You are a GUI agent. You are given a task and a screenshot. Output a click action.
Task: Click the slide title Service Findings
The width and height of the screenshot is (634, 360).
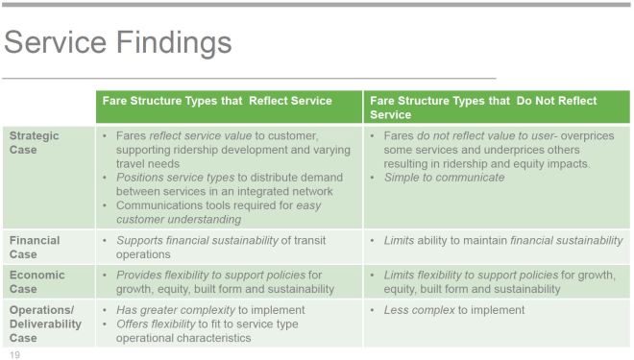click(x=117, y=42)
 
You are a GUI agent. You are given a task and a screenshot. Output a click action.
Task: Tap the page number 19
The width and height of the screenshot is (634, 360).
click(x=14, y=354)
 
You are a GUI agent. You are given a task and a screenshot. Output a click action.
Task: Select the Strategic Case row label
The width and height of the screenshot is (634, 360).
click(x=35, y=142)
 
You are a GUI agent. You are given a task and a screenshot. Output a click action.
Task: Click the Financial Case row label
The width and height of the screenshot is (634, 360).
click(x=35, y=247)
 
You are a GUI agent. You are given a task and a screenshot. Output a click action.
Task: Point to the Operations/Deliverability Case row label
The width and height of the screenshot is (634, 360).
click(x=46, y=324)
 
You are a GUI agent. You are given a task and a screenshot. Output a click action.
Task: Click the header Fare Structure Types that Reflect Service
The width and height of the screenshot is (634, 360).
click(x=217, y=101)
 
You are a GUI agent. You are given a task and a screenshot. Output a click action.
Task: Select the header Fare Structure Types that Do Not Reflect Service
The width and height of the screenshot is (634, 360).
click(x=483, y=107)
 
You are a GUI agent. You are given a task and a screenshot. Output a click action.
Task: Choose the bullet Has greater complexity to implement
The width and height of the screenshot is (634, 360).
click(x=210, y=309)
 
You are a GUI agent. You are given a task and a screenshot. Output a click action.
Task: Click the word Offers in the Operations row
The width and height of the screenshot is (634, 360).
click(x=134, y=324)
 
